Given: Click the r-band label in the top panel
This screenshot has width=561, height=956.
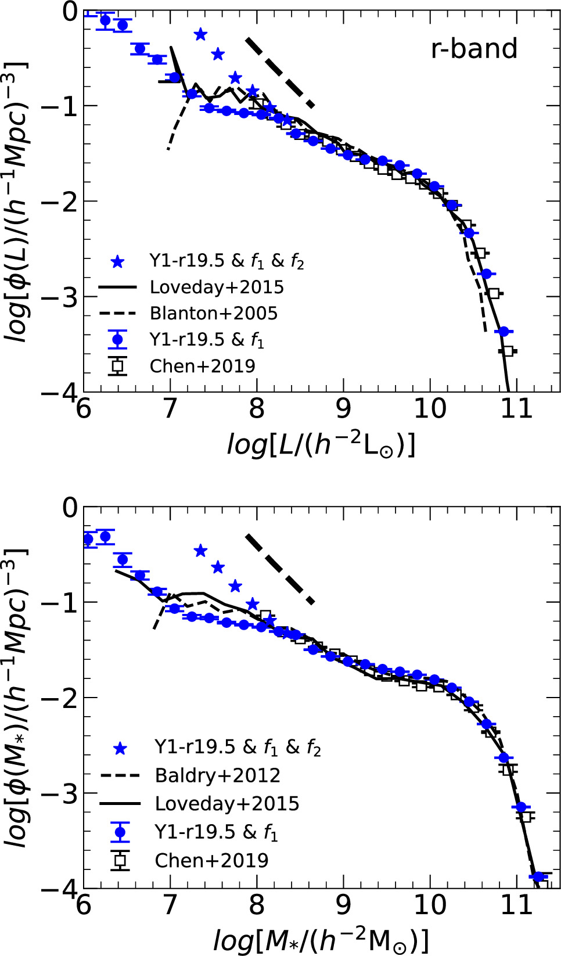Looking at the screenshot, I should pos(474,49).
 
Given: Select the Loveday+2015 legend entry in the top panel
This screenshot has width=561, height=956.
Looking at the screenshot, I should pos(216,287).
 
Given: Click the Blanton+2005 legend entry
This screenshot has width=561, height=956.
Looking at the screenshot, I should pos(213,314).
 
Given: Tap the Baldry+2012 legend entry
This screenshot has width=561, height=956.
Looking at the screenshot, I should pos(217,775).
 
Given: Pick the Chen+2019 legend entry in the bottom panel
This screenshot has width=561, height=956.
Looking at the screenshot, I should pos(211,860).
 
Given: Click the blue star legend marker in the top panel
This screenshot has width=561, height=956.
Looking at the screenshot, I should pos(118,262).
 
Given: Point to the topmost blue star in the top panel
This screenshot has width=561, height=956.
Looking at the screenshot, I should pos(200,34).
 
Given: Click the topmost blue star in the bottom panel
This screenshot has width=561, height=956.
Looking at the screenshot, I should pos(200,551).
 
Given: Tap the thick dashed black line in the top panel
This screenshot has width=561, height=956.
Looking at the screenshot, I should pos(280,73).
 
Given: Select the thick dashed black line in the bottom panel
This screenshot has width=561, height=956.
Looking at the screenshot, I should pos(280,569).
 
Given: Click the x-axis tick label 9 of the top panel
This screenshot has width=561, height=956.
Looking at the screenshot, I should pos(343,408).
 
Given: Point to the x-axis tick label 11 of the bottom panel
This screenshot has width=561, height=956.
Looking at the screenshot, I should pos(516,905).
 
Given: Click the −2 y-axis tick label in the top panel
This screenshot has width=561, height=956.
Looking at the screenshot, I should pos(60,202).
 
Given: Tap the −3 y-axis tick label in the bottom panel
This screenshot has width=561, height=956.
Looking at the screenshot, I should pos(60,793).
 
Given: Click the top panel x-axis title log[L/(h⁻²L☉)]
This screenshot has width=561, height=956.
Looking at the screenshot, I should pos(321,445).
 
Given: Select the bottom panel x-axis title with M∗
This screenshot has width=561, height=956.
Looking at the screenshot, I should pos(321,940).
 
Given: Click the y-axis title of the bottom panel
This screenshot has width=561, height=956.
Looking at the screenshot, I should pos(17,697).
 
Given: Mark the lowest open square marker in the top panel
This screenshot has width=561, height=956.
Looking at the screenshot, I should pos(508,351).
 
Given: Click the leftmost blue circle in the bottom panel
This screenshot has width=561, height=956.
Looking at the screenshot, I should pos(88,539).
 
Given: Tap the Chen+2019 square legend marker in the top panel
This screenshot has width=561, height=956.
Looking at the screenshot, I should pos(118,366).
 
